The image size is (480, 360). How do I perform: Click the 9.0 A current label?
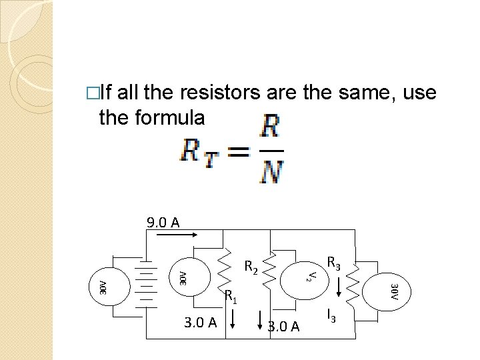point(163,222)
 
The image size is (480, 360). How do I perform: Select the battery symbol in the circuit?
point(145,281)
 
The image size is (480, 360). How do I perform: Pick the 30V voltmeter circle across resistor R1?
point(181,275)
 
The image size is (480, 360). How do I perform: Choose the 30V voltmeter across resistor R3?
point(393,291)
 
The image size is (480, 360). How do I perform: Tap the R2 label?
point(251,268)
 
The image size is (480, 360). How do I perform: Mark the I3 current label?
point(330,314)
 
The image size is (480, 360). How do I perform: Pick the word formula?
point(169,117)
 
